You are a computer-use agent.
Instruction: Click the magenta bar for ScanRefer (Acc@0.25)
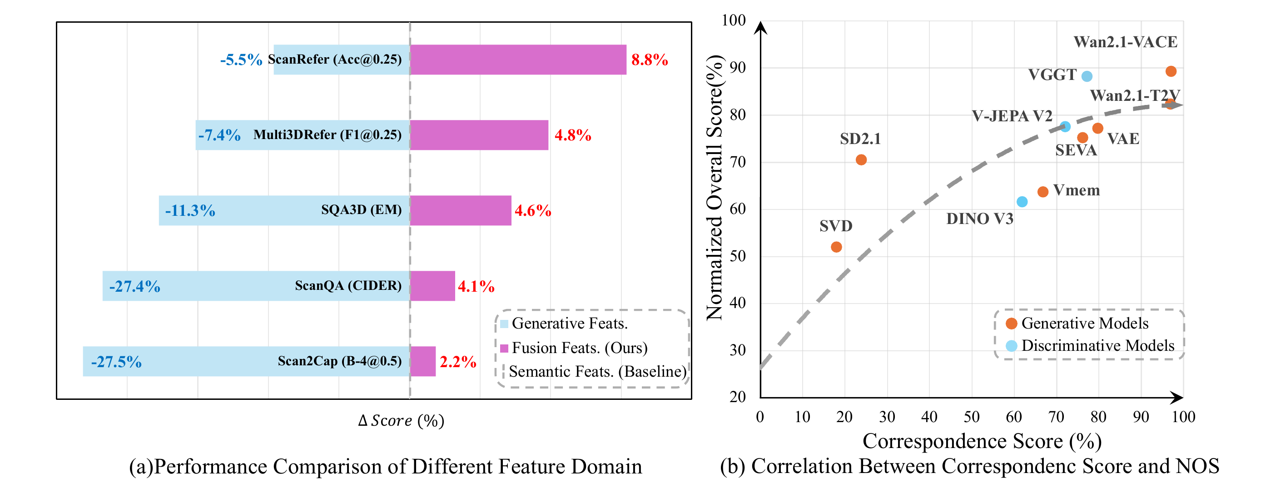(518, 60)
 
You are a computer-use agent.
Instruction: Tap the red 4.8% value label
(572, 135)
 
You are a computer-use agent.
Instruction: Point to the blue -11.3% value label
(190, 211)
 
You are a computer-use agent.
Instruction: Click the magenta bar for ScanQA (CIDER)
(432, 285)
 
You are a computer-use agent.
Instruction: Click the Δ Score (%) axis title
(401, 421)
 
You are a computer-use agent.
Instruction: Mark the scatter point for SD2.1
(861, 160)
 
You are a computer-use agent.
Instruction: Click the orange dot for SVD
(836, 247)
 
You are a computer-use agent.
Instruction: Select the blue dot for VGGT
(1087, 76)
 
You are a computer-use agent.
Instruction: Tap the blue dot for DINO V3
(1022, 202)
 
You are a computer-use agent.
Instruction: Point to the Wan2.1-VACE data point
(1171, 71)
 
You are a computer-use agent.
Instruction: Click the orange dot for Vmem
(1043, 192)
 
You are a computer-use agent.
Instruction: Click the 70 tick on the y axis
(737, 162)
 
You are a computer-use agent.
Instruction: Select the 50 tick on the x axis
(971, 417)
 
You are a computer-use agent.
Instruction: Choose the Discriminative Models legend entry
(1097, 345)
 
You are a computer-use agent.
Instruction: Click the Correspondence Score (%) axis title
(982, 441)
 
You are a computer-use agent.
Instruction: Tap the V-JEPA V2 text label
(1012, 116)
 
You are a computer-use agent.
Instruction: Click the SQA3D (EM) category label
(361, 210)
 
